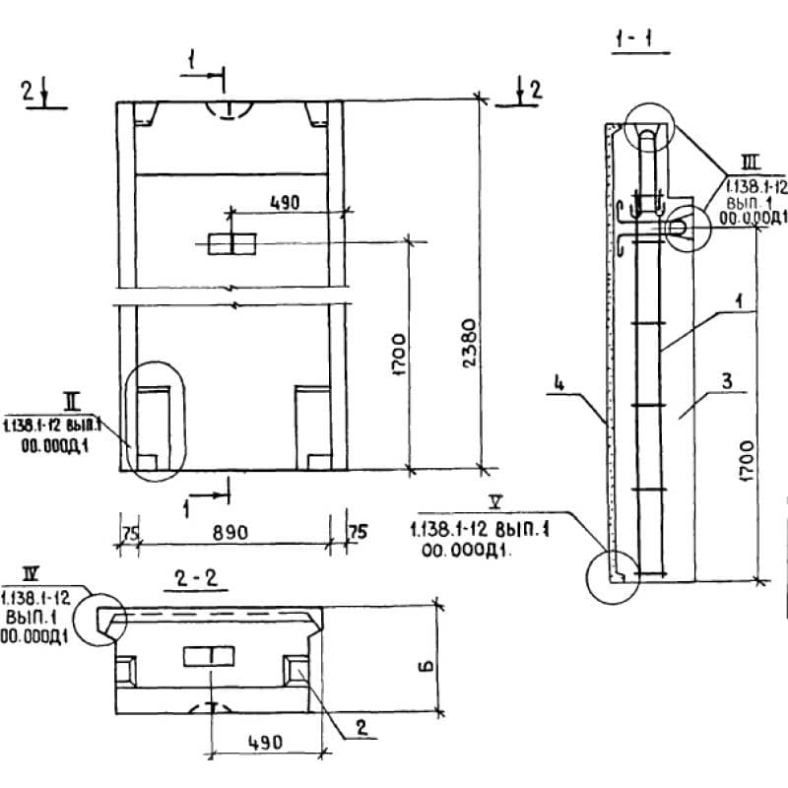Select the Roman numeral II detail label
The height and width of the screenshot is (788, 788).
click(x=71, y=401)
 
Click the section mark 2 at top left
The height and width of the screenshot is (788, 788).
click(x=29, y=92)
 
